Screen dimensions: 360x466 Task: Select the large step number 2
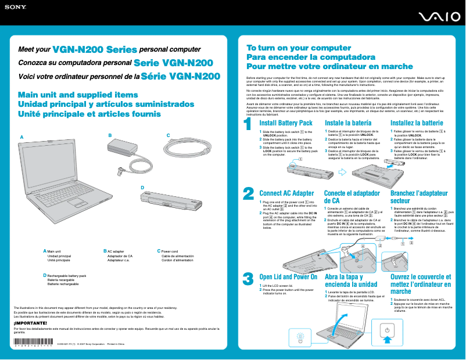point(248,193)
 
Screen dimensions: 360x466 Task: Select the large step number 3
point(248,278)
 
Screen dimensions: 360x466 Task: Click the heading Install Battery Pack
point(286,123)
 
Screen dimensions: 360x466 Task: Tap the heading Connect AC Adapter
point(286,193)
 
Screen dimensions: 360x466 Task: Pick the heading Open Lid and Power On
point(288,277)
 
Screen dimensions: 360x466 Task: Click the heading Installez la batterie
point(417,123)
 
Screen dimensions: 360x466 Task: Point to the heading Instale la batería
point(348,123)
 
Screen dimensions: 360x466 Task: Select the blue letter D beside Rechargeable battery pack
point(45,275)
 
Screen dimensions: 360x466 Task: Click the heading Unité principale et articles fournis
point(89,114)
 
